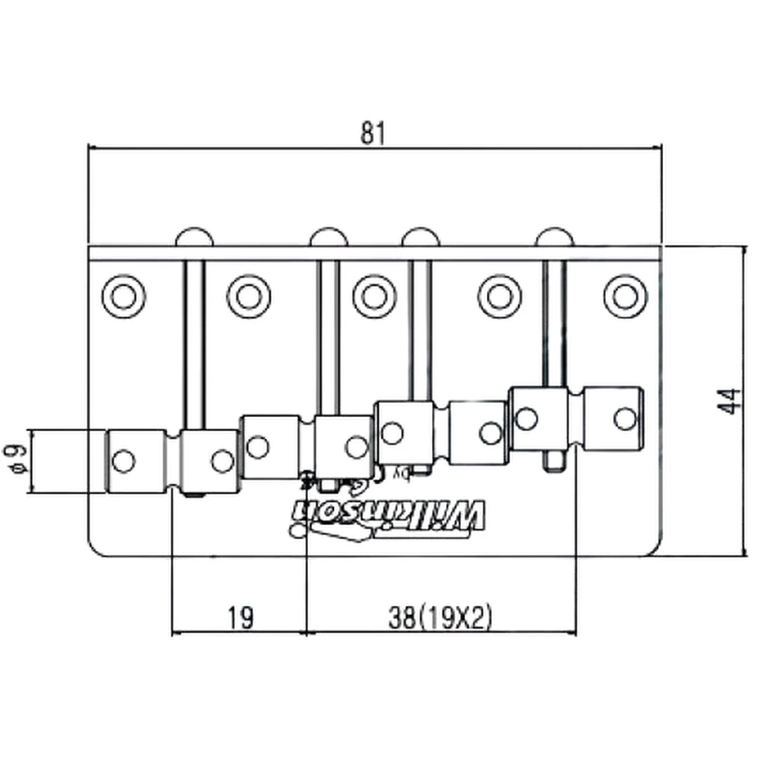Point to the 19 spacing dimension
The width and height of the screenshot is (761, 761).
[240, 618]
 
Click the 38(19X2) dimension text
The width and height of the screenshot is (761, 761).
[439, 618]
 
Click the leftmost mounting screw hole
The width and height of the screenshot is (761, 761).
[123, 295]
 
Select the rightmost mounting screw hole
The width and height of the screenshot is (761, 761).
[625, 295]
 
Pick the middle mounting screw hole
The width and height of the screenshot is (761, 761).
[374, 295]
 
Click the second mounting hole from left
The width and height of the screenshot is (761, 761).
[249, 295]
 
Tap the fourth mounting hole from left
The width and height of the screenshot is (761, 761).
[500, 295]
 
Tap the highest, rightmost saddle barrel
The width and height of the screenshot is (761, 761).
[576, 419]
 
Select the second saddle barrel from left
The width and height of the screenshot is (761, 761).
[307, 447]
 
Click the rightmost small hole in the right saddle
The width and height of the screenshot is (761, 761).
[624, 419]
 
